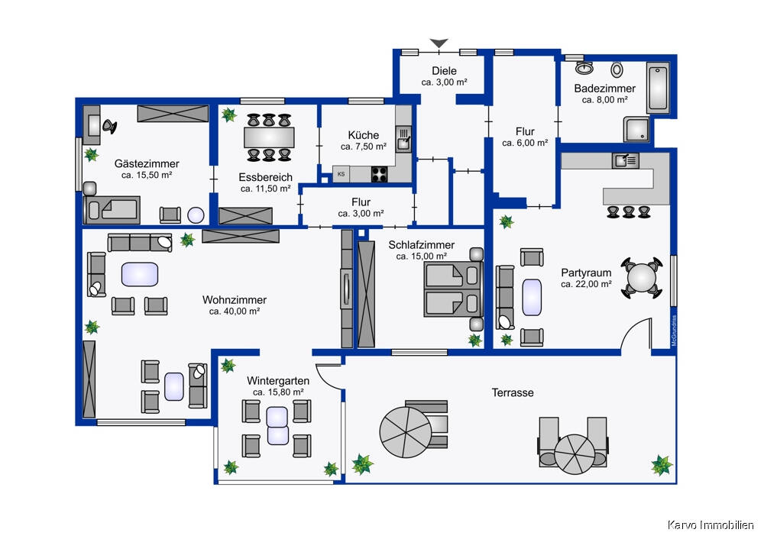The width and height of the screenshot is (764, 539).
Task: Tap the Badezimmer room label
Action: click(604, 89)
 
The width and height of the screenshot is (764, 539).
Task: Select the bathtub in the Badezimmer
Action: click(658, 89)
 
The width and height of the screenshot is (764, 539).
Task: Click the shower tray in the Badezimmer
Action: click(638, 130)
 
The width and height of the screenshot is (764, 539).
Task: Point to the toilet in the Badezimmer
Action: click(617, 69)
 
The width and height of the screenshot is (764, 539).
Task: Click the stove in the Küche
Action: click(380, 174)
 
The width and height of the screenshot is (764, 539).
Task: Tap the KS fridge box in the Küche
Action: click(341, 174)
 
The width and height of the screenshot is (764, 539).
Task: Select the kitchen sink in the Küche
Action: click(403, 139)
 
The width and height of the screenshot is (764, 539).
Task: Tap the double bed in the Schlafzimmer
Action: click(454, 289)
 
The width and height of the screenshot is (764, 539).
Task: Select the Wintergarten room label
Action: click(278, 380)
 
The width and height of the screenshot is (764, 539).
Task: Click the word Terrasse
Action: click(512, 392)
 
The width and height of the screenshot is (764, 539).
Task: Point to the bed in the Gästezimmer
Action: click(113, 208)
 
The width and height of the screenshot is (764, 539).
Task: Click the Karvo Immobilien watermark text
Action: click(711, 524)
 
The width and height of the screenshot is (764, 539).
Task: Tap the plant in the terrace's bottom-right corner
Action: click(661, 463)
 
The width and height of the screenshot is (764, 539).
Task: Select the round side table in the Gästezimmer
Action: click(196, 215)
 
